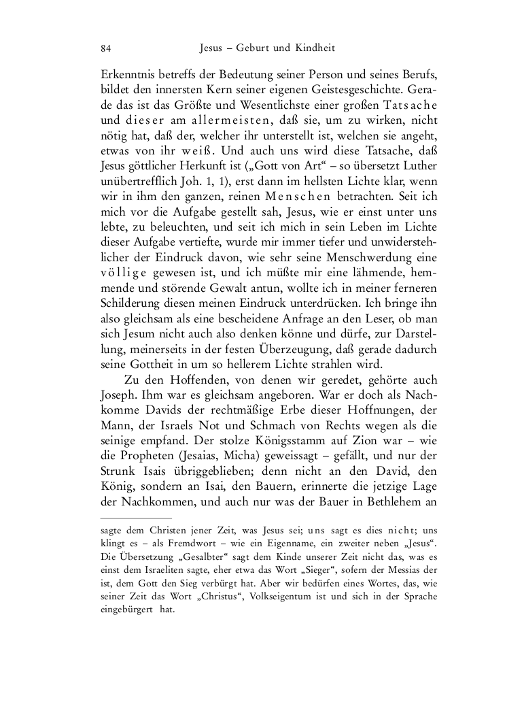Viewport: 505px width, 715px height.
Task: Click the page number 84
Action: tap(106, 49)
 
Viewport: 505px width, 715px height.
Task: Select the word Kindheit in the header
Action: tap(314, 49)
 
